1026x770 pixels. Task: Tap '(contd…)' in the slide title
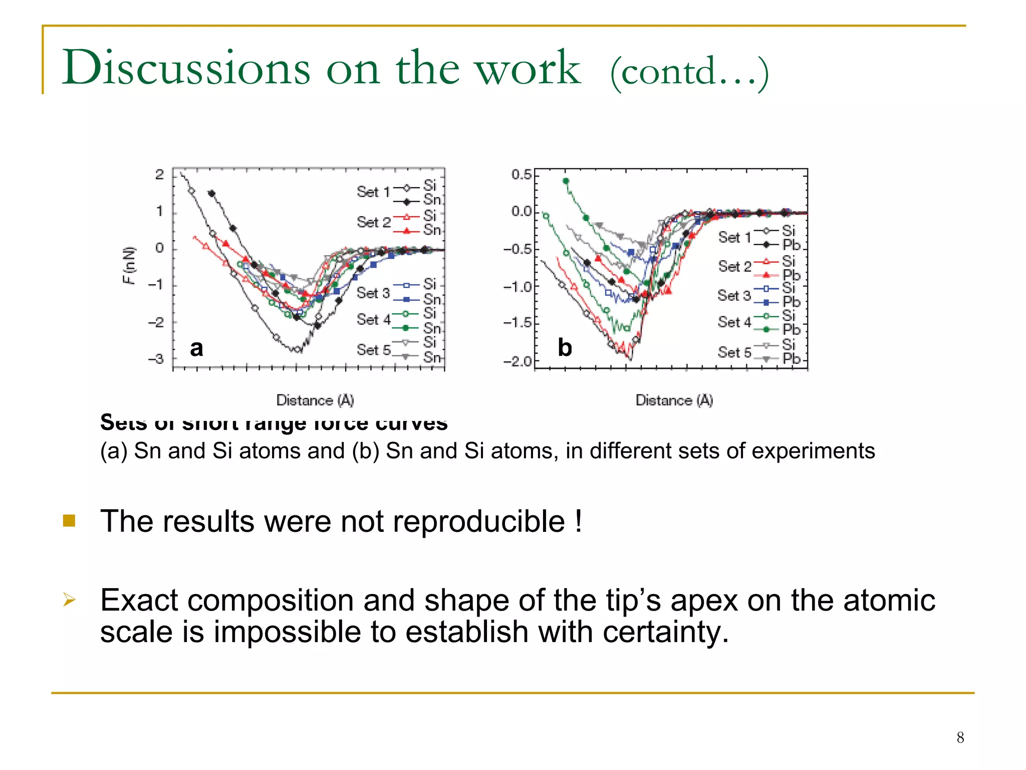(689, 72)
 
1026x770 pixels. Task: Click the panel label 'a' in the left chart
(196, 348)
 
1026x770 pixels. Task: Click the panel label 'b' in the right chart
(565, 348)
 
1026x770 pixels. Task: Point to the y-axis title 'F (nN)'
(129, 265)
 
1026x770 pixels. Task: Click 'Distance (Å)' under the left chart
(315, 400)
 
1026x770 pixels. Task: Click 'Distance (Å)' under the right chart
(674, 400)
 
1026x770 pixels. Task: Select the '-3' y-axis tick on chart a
(156, 359)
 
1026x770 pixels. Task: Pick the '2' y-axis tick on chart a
(159, 174)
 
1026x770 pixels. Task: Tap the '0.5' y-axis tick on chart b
(521, 174)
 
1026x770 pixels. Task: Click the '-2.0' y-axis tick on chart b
(518, 361)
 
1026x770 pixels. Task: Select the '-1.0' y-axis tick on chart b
(518, 287)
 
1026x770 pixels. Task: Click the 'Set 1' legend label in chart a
(373, 191)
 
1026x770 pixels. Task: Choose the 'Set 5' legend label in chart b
(734, 352)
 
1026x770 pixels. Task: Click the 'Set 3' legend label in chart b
(734, 295)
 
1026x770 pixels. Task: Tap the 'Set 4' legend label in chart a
(373, 319)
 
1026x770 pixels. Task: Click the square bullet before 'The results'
(69, 521)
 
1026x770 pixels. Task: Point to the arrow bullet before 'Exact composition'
(69, 599)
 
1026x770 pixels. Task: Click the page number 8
(960, 737)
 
